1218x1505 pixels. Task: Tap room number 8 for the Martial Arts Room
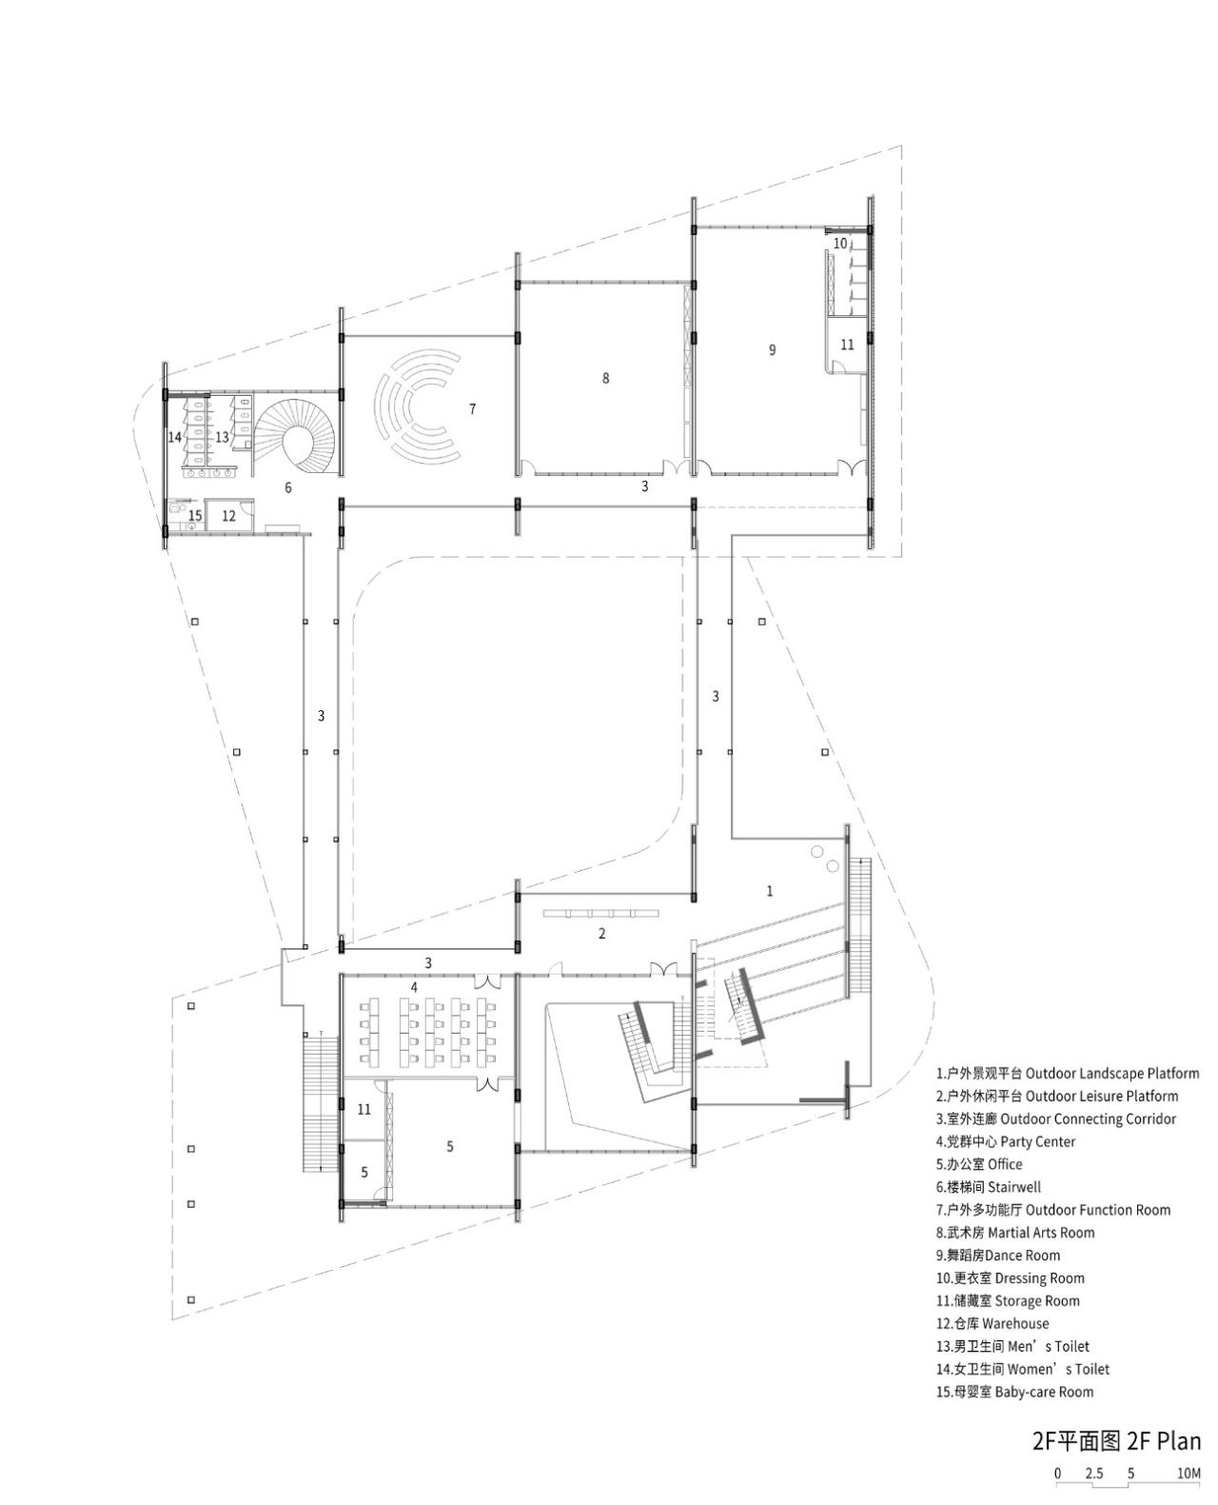(x=605, y=378)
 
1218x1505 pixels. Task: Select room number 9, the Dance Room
(x=772, y=349)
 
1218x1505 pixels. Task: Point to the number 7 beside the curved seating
(x=472, y=408)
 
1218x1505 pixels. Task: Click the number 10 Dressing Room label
(x=839, y=243)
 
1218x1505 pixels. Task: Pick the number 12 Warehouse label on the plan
(x=228, y=517)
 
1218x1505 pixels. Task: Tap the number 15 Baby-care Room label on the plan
(x=195, y=515)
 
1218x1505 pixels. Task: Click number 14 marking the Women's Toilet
(x=175, y=437)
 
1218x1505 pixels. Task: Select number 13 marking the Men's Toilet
(x=222, y=437)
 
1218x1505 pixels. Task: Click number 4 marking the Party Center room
(x=415, y=987)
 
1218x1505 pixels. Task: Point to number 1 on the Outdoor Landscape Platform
(x=770, y=891)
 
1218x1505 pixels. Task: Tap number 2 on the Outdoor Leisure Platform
(x=601, y=934)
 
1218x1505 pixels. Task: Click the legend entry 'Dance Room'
(x=997, y=1256)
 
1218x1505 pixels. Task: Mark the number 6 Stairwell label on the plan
(x=288, y=487)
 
